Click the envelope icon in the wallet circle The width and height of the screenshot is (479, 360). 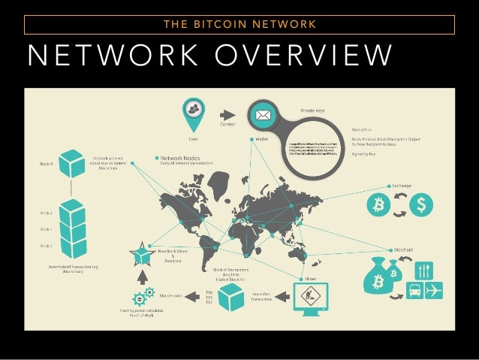click(x=264, y=116)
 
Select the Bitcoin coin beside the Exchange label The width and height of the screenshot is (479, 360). click(x=378, y=204)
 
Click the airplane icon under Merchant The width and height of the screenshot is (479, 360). click(x=434, y=289)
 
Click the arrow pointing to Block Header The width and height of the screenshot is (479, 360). click(x=194, y=298)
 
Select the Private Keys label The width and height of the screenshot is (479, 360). click(x=313, y=110)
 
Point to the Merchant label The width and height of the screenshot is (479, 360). click(x=402, y=250)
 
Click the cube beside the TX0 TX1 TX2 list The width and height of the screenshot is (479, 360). click(x=231, y=298)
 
